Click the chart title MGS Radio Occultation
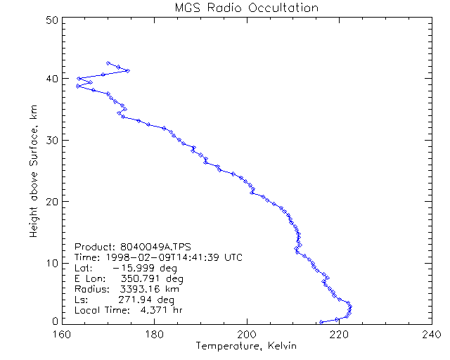[247, 8]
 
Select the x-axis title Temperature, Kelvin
[247, 346]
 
